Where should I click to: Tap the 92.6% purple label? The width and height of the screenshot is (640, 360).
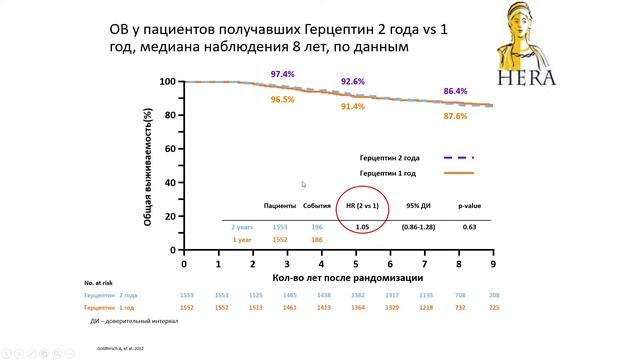352,81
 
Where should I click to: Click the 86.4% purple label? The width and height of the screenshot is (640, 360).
455,91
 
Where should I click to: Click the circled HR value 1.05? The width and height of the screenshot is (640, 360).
363,227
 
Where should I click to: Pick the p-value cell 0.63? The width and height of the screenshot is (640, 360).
469,227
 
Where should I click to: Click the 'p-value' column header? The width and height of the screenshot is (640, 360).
469,205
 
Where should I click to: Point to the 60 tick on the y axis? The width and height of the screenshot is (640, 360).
168,148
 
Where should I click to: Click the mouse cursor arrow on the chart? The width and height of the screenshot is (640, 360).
303,184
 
